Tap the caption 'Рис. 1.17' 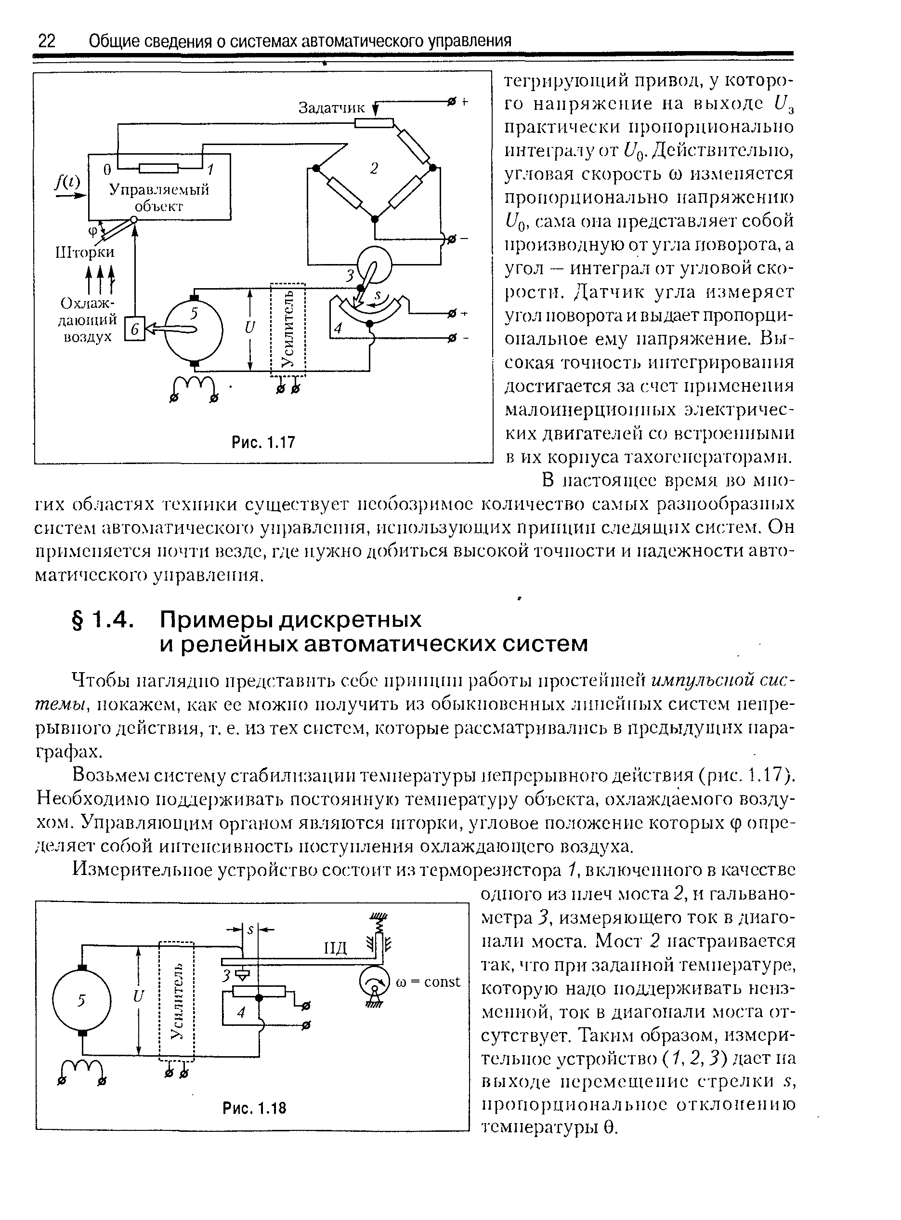coord(263,441)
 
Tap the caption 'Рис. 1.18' coord(254,1108)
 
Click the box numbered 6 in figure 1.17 coord(135,329)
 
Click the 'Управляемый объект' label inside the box coord(159,198)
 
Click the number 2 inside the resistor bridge coord(374,169)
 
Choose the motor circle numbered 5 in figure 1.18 coord(82,1000)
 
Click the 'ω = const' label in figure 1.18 coord(429,981)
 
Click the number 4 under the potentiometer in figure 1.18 coord(242,1013)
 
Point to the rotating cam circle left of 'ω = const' coord(375,982)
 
